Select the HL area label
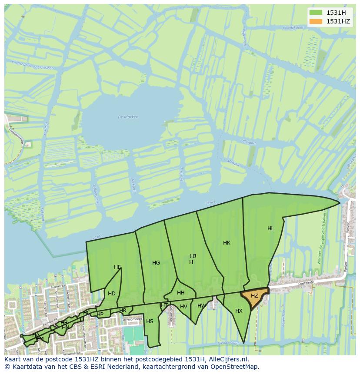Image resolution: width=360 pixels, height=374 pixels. click(271, 228)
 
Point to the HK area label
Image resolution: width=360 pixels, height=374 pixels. click(227, 243)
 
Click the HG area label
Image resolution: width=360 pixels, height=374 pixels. click(156, 263)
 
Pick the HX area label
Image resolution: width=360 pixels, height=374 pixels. click(239, 311)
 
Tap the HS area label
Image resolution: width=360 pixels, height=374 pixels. click(150, 321)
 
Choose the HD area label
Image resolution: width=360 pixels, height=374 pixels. click(112, 294)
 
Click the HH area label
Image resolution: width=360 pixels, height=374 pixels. click(181, 293)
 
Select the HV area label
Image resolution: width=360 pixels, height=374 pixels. click(183, 307)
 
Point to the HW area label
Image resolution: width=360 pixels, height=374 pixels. click(201, 306)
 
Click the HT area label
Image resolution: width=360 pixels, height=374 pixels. click(164, 305)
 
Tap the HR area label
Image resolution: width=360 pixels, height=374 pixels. click(123, 311)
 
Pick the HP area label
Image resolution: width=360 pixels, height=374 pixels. click(100, 314)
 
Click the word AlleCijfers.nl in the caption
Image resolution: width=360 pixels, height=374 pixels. click(228, 360)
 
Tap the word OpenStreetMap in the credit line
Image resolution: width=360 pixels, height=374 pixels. click(235, 367)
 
